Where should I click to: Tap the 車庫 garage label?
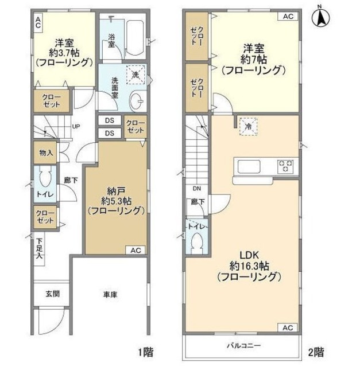(110, 295)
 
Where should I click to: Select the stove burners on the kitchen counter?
(286, 167)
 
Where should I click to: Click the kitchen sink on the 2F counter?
(248, 167)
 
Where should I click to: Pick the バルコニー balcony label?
(242, 346)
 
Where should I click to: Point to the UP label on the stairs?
(75, 127)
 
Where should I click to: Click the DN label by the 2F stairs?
(195, 189)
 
